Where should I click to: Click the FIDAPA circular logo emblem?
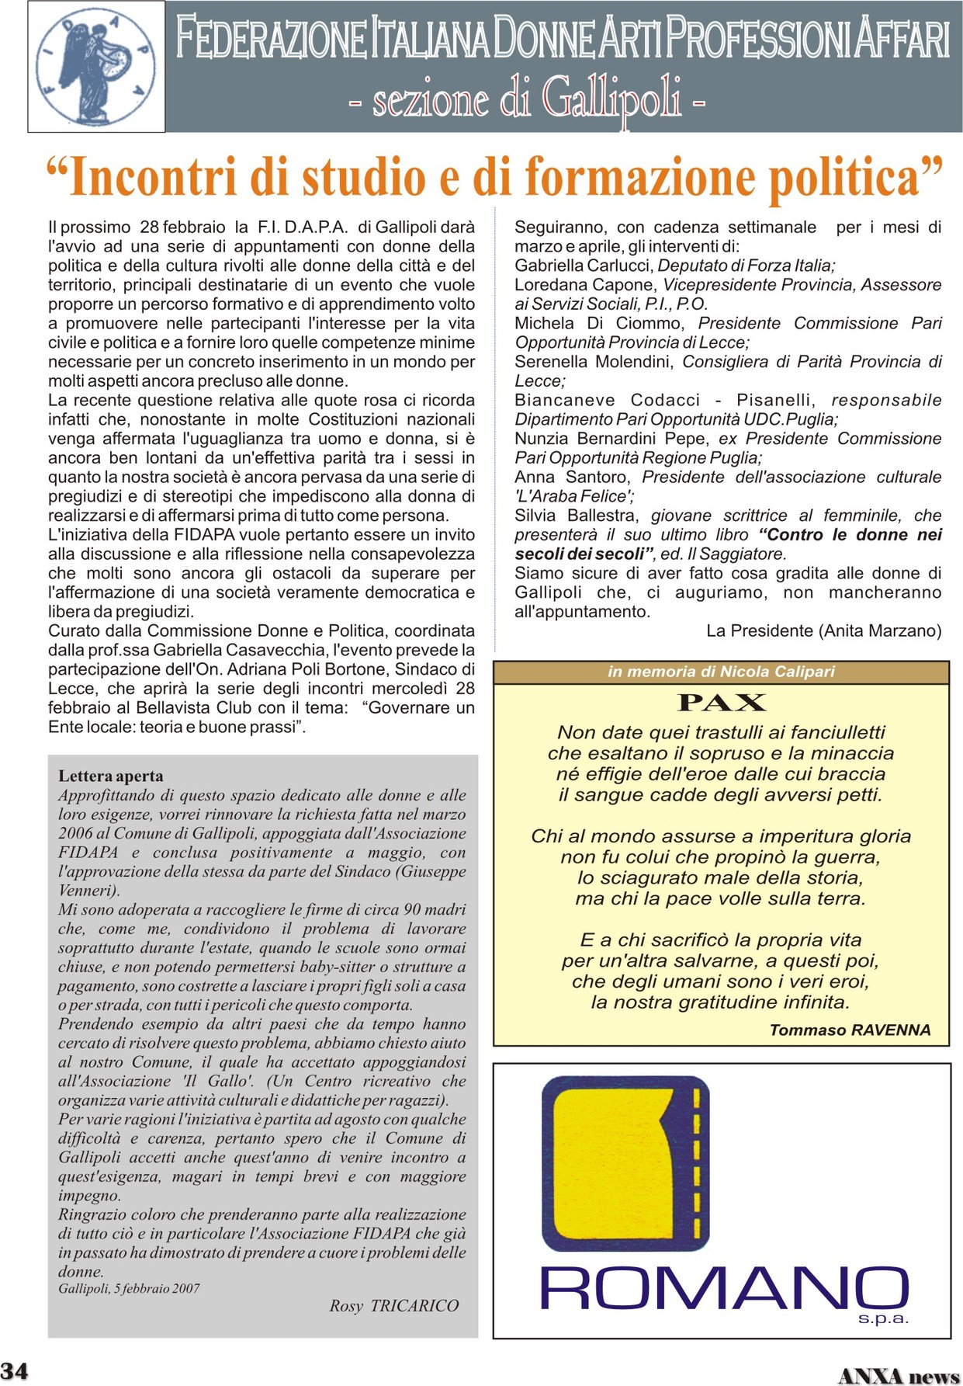(x=96, y=67)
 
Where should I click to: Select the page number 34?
(x=15, y=1370)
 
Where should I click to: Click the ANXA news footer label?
(x=899, y=1375)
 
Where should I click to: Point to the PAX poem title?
(x=721, y=703)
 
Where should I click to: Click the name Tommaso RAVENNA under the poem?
(x=850, y=1030)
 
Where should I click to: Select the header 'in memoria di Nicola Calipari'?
(x=721, y=672)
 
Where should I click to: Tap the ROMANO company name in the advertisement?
(x=723, y=1288)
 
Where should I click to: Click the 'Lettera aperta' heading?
(x=111, y=776)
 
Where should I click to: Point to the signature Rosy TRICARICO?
(x=394, y=1305)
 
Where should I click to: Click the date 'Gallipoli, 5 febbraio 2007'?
(x=129, y=1288)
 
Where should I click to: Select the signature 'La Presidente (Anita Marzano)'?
(x=823, y=630)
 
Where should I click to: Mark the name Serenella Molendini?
(x=594, y=362)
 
